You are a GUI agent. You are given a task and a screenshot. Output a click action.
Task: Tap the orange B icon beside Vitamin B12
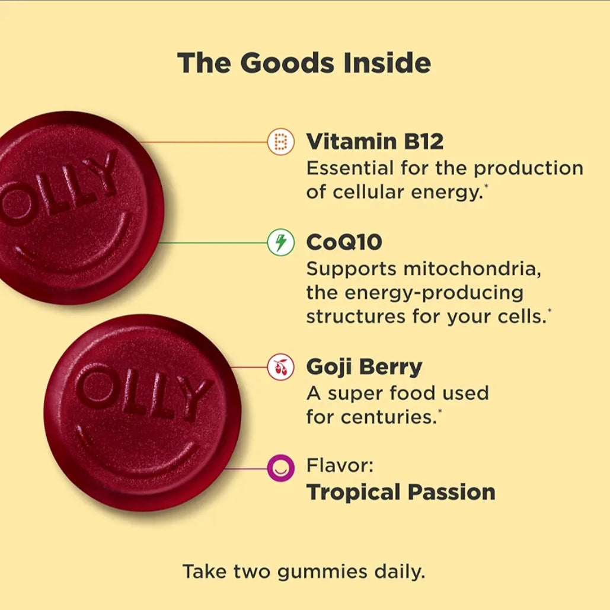pyautogui.click(x=280, y=142)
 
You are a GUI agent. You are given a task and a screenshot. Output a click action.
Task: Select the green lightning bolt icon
pyautogui.click(x=280, y=242)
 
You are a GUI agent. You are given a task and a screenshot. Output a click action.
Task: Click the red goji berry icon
pyautogui.click(x=280, y=368)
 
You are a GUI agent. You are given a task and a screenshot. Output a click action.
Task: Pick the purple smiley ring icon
pyautogui.click(x=280, y=468)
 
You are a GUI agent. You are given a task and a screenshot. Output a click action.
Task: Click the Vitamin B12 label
pyautogui.click(x=375, y=142)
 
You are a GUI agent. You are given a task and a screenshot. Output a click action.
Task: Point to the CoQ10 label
pyautogui.click(x=344, y=242)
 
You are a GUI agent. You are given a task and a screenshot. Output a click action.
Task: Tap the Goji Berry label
pyautogui.click(x=364, y=368)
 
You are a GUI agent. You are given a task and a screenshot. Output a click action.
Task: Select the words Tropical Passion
pyautogui.click(x=401, y=492)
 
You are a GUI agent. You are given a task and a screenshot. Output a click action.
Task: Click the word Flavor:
pyautogui.click(x=340, y=466)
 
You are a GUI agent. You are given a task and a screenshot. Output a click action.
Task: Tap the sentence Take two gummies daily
pyautogui.click(x=304, y=572)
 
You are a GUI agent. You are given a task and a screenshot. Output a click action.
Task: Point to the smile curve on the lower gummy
pyautogui.click(x=142, y=456)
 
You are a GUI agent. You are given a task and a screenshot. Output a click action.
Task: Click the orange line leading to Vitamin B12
pyautogui.click(x=207, y=142)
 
